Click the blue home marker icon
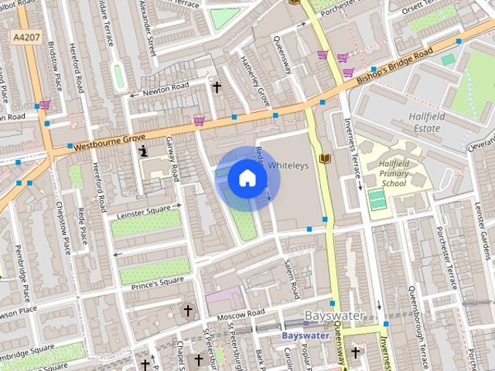pyautogui.click(x=247, y=179)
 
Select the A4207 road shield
pyautogui.click(x=26, y=37)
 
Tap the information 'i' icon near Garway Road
pyautogui.click(x=143, y=152)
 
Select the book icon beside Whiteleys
pyautogui.click(x=324, y=158)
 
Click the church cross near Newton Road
pyautogui.click(x=217, y=87)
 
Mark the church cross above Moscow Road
pyautogui.click(x=187, y=311)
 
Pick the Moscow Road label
pyautogui.click(x=240, y=315)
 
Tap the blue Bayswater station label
pyautogui.click(x=305, y=336)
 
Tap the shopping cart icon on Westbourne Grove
pyautogui.click(x=200, y=121)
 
